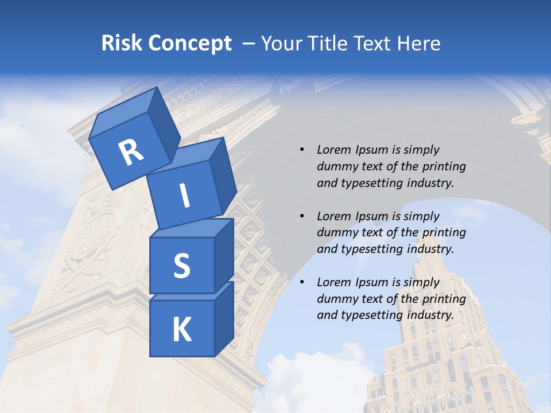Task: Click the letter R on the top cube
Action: coord(131,153)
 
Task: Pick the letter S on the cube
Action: coord(181,266)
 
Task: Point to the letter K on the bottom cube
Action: coord(181,330)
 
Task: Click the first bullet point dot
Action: coord(302,150)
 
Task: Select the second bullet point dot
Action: coord(302,217)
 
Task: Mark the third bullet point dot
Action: coord(302,283)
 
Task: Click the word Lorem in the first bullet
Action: coord(332,150)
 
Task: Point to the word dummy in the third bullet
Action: coord(335,299)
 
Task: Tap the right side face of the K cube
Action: coord(224,320)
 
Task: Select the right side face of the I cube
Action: coord(223,178)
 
